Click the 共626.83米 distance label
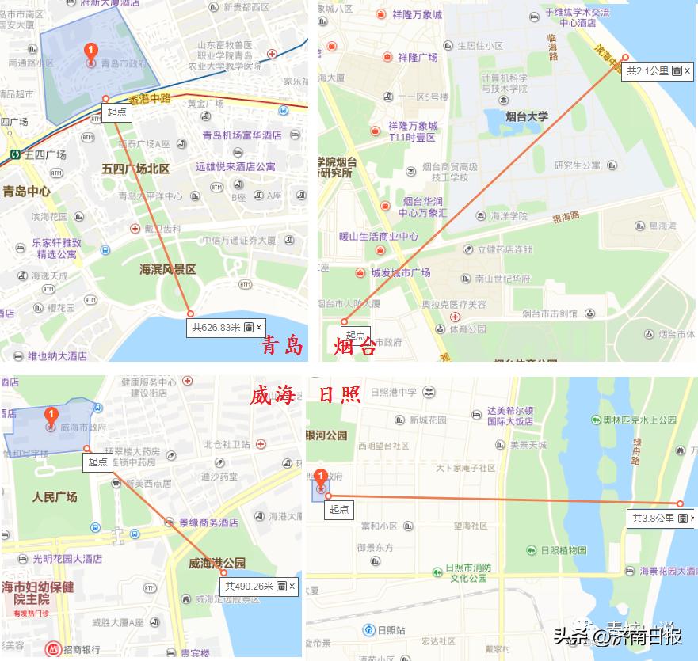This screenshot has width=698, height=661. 216,327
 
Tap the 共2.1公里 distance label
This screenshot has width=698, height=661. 648,71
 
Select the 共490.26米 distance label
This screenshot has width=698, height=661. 249,586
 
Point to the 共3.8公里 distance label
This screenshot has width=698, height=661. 654,519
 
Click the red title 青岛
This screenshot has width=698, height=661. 282,346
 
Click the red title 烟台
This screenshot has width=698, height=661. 354,346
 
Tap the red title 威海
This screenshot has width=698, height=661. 272,395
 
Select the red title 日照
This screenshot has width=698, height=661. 339,395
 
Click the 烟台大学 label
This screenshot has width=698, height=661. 527,116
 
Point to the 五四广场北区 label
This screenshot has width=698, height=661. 135,169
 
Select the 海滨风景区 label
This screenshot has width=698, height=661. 167,269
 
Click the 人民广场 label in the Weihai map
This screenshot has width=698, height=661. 55,497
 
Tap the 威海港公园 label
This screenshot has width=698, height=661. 216,564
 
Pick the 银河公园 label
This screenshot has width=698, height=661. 326,435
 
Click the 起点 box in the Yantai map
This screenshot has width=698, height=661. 356,336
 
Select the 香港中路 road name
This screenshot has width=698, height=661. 151,99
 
